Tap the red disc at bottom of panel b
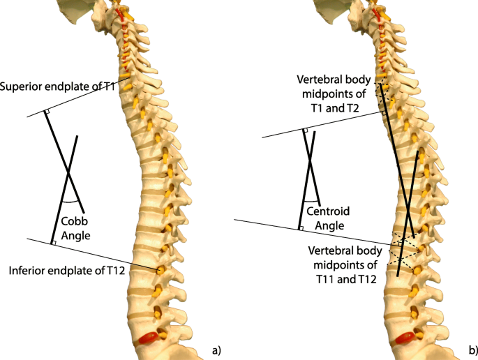(x=405, y=338)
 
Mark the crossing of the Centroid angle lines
(x=309, y=166)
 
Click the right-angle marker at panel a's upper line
(x=46, y=112)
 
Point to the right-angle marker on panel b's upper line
(x=305, y=130)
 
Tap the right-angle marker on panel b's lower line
(x=301, y=227)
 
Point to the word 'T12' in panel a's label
(x=114, y=270)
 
